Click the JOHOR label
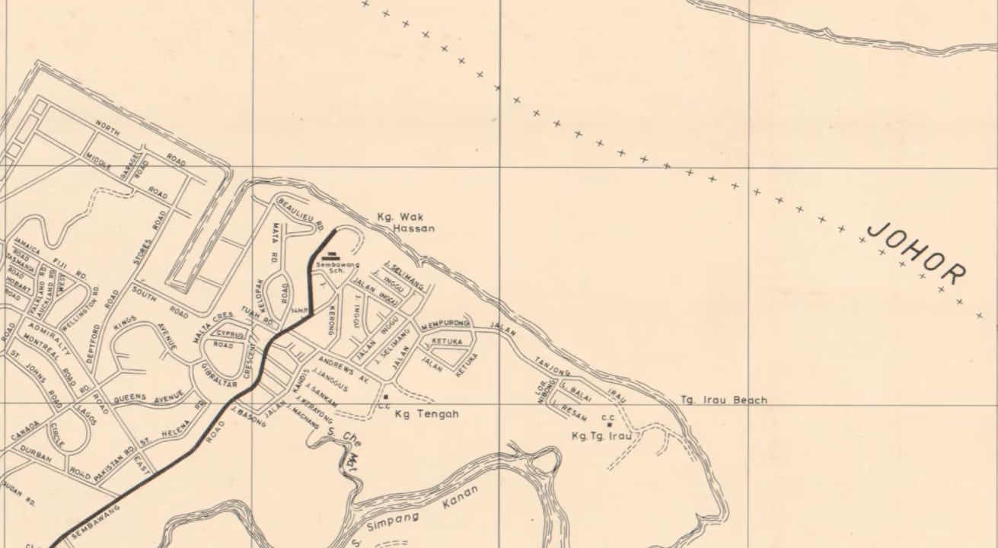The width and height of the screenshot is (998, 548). [917, 253]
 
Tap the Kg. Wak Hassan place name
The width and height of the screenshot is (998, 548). [406, 222]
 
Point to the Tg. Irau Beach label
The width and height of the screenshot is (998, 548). [723, 400]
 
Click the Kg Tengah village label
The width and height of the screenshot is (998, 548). [427, 414]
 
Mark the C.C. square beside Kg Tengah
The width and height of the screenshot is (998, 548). [386, 397]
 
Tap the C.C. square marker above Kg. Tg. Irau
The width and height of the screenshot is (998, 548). [608, 424]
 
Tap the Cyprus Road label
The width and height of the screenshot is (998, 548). [229, 339]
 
